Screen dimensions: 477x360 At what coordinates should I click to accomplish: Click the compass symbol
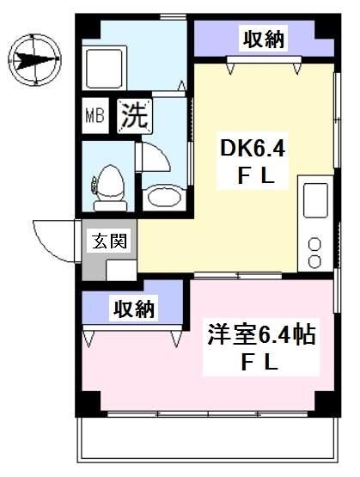click(34, 59)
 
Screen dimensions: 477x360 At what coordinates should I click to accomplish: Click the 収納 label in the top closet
click(264, 38)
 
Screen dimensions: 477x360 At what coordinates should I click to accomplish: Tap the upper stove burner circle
click(314, 244)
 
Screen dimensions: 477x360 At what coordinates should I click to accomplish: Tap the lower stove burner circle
click(314, 260)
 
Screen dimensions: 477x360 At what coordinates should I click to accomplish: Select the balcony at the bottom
click(206, 442)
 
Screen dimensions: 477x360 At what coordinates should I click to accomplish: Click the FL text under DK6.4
click(255, 178)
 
